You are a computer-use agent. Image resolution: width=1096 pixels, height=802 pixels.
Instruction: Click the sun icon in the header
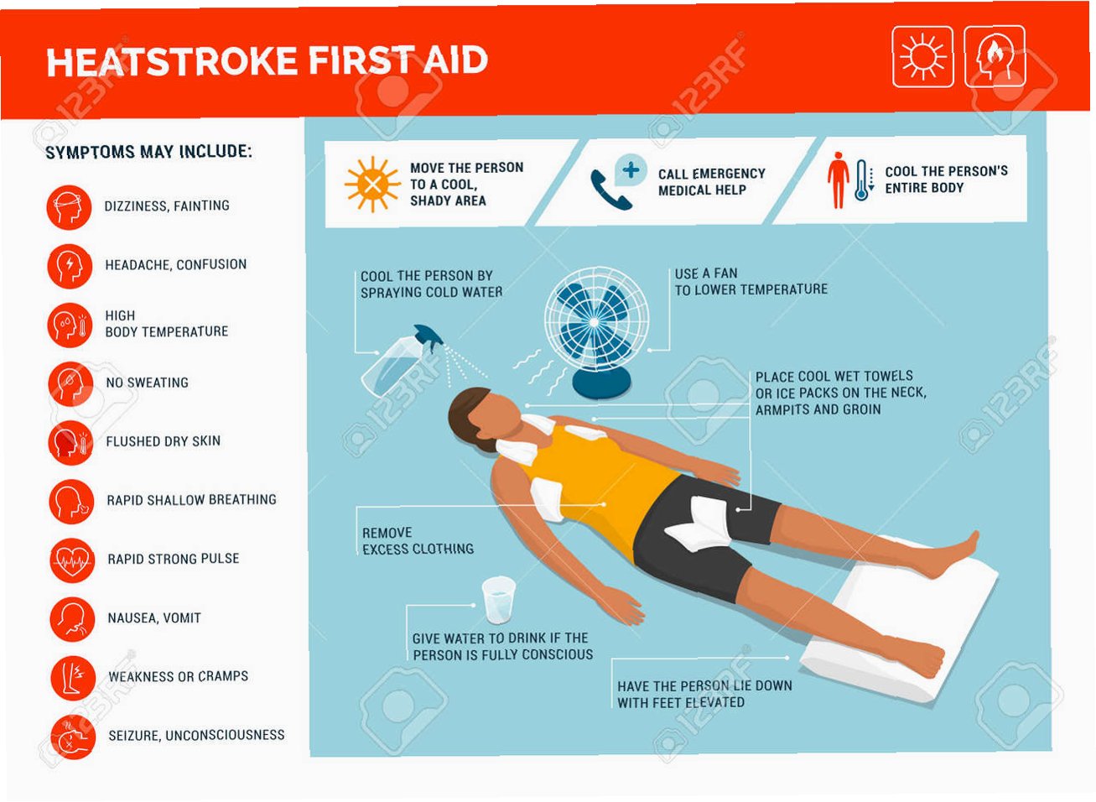coord(922,57)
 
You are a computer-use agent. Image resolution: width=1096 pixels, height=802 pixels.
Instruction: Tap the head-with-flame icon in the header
coord(995,57)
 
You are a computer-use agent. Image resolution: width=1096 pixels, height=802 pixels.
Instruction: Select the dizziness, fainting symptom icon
coord(69,207)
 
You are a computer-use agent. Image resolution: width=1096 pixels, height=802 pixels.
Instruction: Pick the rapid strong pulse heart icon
coord(72,560)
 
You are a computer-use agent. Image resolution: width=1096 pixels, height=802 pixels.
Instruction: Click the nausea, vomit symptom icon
coord(72,619)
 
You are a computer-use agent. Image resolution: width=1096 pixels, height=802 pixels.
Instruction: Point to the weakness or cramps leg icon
coord(73,678)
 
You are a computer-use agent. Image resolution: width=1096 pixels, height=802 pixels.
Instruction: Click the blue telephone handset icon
coord(610,190)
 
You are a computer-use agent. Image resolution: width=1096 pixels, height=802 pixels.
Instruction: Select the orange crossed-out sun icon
coord(373,184)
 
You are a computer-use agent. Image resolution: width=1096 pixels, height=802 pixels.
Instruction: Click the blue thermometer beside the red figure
coord(862,180)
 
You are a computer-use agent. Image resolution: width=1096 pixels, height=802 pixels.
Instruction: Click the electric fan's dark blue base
coord(601,383)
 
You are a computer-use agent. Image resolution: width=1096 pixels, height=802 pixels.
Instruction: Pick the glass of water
coord(498,601)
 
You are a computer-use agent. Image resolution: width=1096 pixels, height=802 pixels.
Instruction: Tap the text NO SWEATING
coord(147,383)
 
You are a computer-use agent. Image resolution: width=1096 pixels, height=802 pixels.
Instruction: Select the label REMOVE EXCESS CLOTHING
coord(418,541)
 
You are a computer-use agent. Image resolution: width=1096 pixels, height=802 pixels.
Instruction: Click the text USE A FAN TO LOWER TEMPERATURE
coord(751,282)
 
